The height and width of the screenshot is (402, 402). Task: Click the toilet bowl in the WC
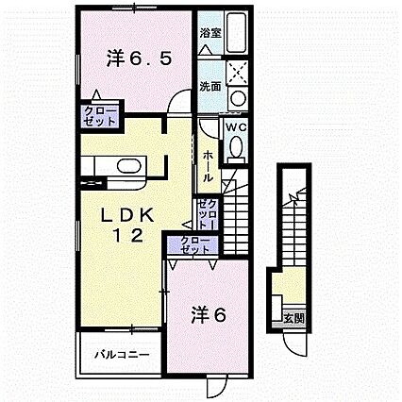(236, 145)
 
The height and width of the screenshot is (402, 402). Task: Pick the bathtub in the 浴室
(237, 34)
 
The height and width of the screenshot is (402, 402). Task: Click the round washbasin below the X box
(237, 97)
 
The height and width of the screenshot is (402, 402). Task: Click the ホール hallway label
(207, 162)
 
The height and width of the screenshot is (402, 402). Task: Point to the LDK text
(128, 216)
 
